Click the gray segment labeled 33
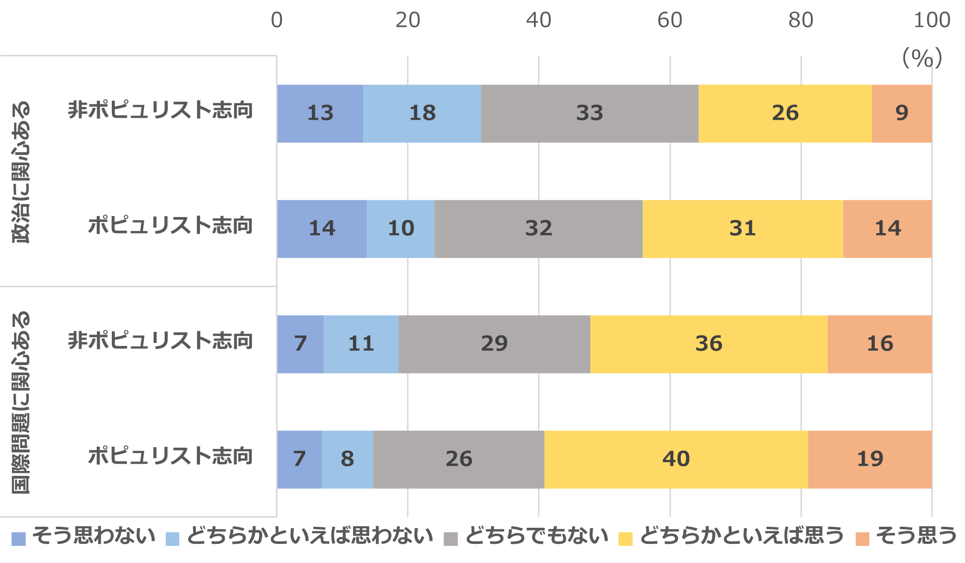click(589, 113)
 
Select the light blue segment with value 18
click(422, 113)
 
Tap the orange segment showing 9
click(902, 113)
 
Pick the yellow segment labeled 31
click(742, 229)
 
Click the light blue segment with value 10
click(400, 229)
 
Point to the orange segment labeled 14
click(887, 229)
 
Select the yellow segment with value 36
click(709, 344)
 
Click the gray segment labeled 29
click(494, 344)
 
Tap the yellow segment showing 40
click(676, 459)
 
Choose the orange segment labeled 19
click(870, 459)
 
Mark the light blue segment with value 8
click(347, 459)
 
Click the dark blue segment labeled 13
click(320, 113)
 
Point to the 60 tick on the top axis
click(670, 21)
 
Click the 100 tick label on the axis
click(932, 21)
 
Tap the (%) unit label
click(922, 58)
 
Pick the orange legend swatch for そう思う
click(862, 539)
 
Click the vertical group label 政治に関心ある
click(21, 172)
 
